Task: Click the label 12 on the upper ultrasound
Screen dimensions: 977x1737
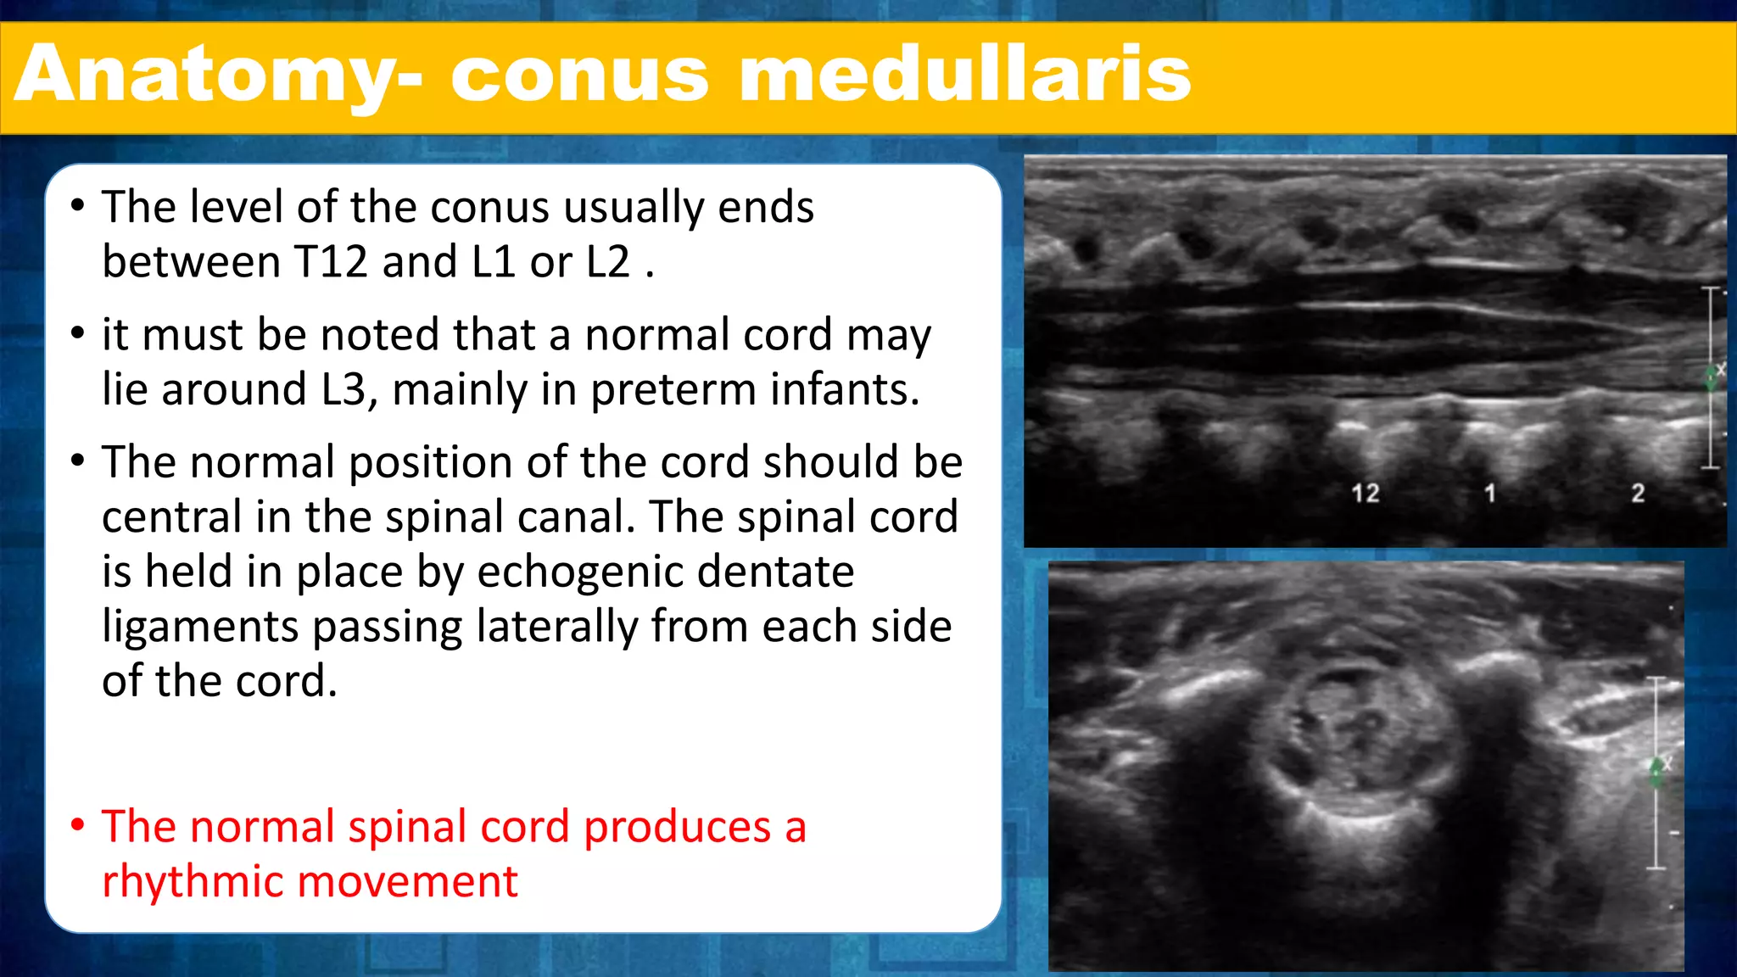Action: click(1365, 494)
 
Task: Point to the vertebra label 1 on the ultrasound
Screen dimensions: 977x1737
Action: click(1489, 493)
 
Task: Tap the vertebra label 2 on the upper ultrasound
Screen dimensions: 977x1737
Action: click(1638, 493)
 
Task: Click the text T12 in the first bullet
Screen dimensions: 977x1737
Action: click(331, 262)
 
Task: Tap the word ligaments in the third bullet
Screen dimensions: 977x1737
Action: click(200, 628)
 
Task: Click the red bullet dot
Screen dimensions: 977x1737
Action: click(78, 824)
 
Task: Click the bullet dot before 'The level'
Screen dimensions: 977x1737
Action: click(78, 206)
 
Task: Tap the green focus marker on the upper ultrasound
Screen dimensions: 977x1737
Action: click(1712, 377)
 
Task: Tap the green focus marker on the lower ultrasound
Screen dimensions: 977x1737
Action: click(1656, 772)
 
